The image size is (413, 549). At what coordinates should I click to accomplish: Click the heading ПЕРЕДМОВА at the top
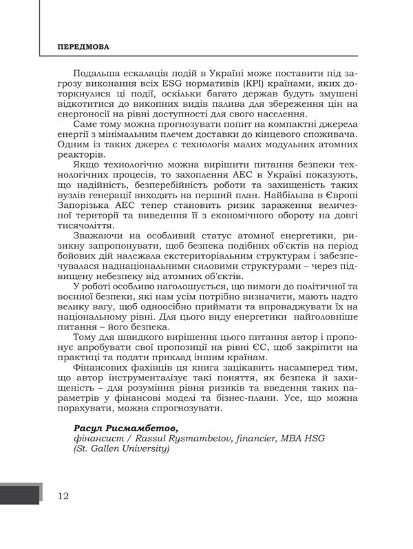[x=84, y=49]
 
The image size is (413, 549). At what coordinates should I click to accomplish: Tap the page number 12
[x=63, y=496]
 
